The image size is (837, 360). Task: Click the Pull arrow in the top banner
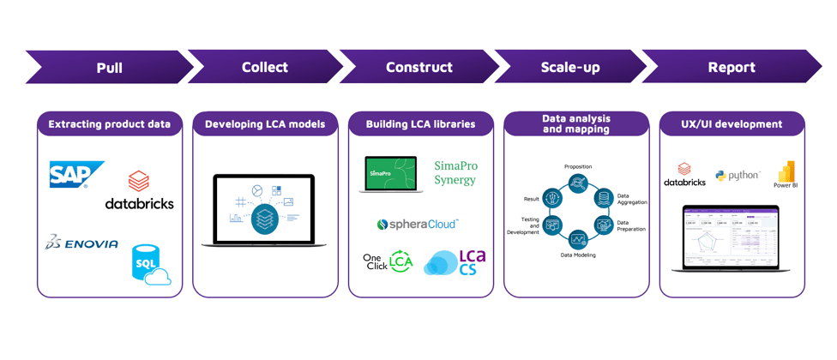pyautogui.click(x=109, y=67)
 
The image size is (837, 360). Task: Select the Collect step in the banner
pyautogui.click(x=264, y=67)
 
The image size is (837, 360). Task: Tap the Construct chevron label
pyautogui.click(x=419, y=67)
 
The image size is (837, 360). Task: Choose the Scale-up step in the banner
pyautogui.click(x=570, y=67)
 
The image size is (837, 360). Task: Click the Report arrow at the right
pyautogui.click(x=731, y=67)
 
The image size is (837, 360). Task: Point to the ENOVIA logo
pyautogui.click(x=82, y=243)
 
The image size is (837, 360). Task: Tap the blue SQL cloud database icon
pyautogui.click(x=150, y=264)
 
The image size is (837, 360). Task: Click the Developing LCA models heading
pyautogui.click(x=265, y=124)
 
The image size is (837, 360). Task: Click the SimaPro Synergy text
pyautogui.click(x=455, y=172)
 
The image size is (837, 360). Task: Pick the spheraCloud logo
pyautogui.click(x=418, y=225)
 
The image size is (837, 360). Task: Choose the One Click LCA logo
pyautogui.click(x=388, y=262)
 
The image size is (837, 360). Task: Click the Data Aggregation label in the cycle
pyautogui.click(x=631, y=199)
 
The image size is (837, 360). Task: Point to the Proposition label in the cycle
pyautogui.click(x=578, y=167)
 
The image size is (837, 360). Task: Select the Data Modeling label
pyautogui.click(x=578, y=255)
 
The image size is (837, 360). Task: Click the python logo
pyautogui.click(x=738, y=176)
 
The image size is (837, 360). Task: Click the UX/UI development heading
pyautogui.click(x=732, y=124)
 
